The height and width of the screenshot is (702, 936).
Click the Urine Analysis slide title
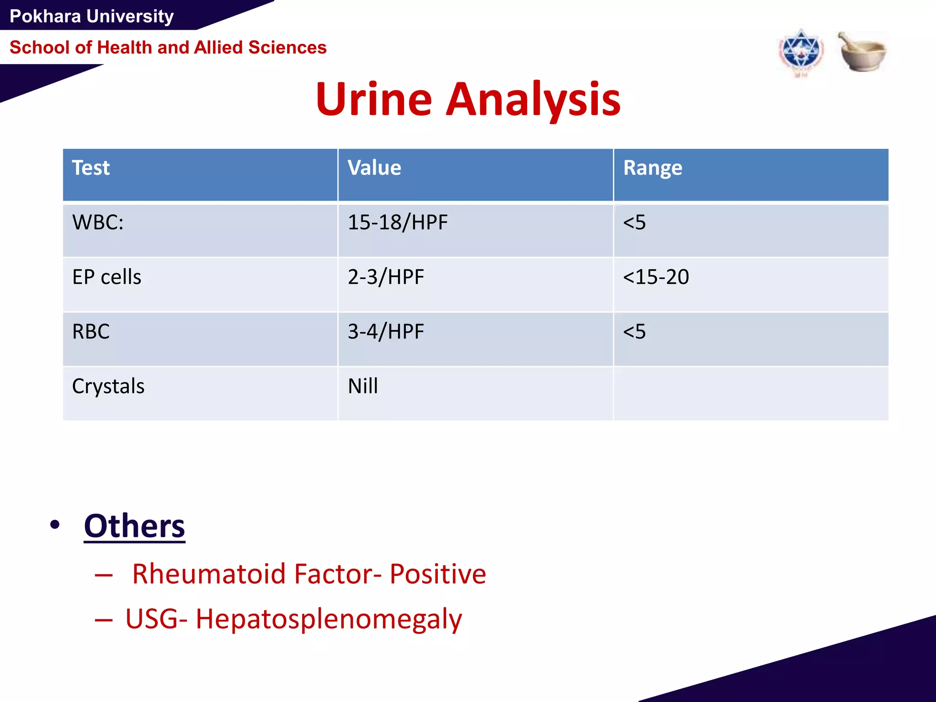pyautogui.click(x=468, y=99)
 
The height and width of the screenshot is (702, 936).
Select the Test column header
pyautogui.click(x=91, y=168)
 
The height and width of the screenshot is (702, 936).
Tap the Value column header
pyautogui.click(x=374, y=168)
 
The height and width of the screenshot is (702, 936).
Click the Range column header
pyautogui.click(x=652, y=168)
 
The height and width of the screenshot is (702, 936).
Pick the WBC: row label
pyautogui.click(x=98, y=223)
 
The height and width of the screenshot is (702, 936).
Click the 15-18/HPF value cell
pyautogui.click(x=397, y=223)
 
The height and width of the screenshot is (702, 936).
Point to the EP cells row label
pyautogui.click(x=106, y=277)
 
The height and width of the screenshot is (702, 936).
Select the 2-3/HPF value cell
pyautogui.click(x=386, y=277)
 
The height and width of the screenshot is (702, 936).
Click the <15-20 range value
pyautogui.click(x=655, y=277)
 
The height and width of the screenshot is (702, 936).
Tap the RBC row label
pyautogui.click(x=91, y=331)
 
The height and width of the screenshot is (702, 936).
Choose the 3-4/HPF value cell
pyautogui.click(x=386, y=331)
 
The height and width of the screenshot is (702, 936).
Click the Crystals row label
pyautogui.click(x=108, y=386)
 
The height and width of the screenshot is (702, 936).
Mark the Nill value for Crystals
pyautogui.click(x=363, y=386)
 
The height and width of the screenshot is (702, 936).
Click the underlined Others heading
pyautogui.click(x=134, y=526)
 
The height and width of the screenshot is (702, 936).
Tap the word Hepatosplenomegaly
pyautogui.click(x=329, y=619)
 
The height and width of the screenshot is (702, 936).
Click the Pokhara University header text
pyautogui.click(x=91, y=16)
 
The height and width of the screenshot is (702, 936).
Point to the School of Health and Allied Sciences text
pyautogui.click(x=168, y=48)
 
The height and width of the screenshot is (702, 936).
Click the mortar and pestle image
pyautogui.click(x=862, y=52)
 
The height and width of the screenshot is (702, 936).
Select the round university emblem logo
pyautogui.click(x=801, y=53)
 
